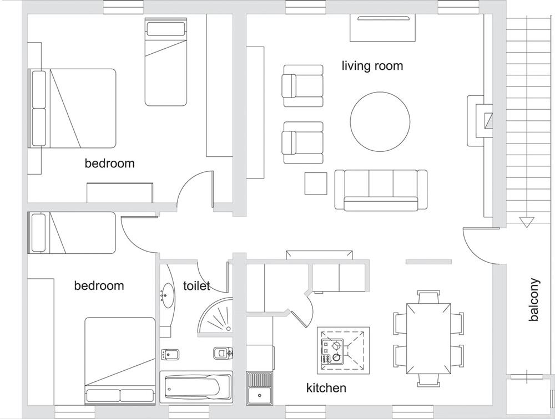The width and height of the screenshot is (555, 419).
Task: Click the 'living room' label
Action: (x=372, y=66)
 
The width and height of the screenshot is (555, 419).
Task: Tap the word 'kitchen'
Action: (x=326, y=388)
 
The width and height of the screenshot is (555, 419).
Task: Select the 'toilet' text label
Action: (x=196, y=285)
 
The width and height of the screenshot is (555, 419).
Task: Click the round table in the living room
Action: (x=380, y=121)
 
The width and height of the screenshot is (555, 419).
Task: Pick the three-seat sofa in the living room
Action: (x=381, y=190)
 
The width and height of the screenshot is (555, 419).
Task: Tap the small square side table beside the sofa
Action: (x=316, y=183)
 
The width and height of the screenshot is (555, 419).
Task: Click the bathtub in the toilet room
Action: (x=196, y=387)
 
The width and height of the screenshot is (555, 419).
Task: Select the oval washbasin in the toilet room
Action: (x=167, y=295)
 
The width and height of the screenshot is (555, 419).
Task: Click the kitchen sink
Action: (x=259, y=388)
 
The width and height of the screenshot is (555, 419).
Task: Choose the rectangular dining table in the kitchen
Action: (x=428, y=339)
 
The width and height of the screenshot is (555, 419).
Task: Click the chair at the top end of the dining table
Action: (x=428, y=297)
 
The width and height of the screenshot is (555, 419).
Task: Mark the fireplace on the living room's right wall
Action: (x=480, y=121)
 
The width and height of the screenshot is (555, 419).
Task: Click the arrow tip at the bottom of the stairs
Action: (x=526, y=227)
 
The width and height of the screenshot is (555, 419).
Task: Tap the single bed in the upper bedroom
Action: (x=165, y=62)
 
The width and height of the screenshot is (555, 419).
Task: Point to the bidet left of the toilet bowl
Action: (x=170, y=354)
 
